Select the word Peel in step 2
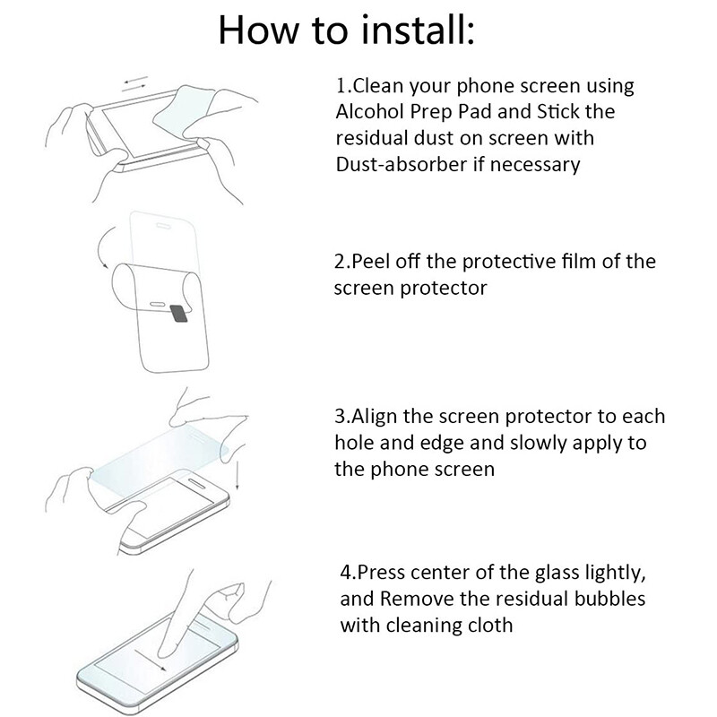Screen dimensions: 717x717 369,262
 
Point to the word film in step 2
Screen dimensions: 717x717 570,262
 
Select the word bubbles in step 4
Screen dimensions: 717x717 612,598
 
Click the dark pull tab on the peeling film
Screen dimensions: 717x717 178,312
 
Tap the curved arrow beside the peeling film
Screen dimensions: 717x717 105,254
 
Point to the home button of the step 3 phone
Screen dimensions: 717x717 219,519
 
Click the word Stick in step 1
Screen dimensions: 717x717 562,113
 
